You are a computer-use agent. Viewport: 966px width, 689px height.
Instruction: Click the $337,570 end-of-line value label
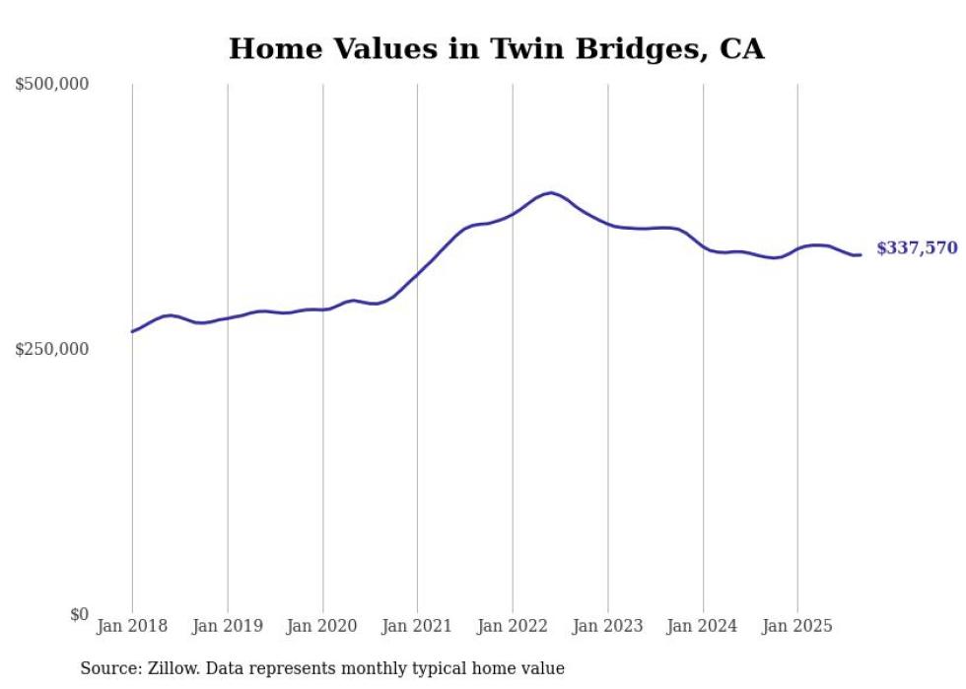(x=916, y=248)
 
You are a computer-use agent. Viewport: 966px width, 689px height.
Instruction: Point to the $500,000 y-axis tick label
(x=52, y=85)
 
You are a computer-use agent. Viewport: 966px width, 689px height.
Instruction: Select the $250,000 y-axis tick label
(x=52, y=349)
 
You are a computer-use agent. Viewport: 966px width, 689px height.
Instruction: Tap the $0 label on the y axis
(x=79, y=614)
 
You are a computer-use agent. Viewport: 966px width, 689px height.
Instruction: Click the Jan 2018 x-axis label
(x=132, y=626)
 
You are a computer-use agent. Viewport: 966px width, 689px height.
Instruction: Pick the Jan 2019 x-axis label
(x=228, y=626)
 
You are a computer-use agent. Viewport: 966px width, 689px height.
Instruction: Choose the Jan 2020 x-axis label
(x=322, y=626)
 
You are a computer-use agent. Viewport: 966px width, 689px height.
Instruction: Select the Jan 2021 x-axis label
(x=417, y=626)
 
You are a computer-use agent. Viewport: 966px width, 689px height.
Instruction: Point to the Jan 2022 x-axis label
(x=513, y=626)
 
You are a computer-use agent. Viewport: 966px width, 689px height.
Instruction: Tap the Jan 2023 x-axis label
(x=607, y=626)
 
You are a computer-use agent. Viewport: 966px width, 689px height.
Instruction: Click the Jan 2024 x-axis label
(x=703, y=626)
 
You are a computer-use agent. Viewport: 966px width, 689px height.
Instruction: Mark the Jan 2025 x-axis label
(x=797, y=626)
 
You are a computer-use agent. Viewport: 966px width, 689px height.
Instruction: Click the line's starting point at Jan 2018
(x=132, y=331)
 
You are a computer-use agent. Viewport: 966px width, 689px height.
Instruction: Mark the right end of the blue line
(x=861, y=255)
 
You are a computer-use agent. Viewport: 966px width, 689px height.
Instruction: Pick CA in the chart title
(x=741, y=48)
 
